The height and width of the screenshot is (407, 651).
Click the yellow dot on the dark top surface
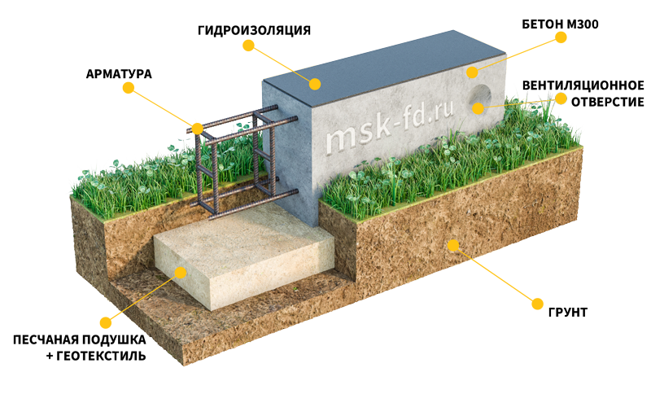(314, 83)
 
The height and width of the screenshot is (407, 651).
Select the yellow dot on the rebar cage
(198, 129)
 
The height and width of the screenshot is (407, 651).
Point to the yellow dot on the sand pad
(181, 273)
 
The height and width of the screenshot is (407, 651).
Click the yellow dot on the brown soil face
(452, 243)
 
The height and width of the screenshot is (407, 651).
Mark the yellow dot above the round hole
(472, 72)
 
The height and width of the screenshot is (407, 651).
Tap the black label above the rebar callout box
(119, 74)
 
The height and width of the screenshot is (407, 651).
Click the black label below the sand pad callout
(79, 347)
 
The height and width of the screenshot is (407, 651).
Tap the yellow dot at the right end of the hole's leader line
(561, 98)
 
